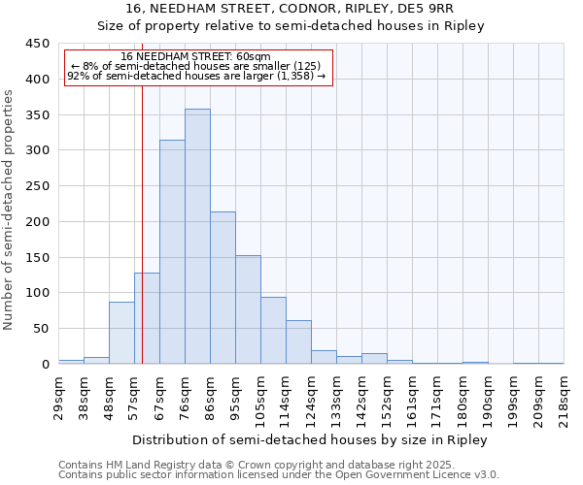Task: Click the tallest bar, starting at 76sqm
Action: (x=197, y=237)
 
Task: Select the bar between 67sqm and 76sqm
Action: (x=172, y=252)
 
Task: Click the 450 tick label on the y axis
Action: (x=37, y=44)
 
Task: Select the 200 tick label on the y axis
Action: (x=37, y=222)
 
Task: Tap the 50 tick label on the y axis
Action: (x=41, y=329)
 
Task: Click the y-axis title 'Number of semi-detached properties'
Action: (x=10, y=210)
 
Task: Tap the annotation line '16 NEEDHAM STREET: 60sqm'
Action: (x=196, y=56)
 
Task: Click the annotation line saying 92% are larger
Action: (x=196, y=75)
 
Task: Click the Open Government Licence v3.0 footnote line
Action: (x=279, y=474)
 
